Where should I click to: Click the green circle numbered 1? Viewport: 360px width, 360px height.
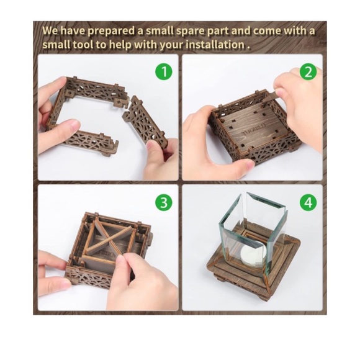(163, 71)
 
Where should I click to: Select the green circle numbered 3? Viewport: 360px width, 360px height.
(163, 202)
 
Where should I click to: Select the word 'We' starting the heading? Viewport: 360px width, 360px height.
(50, 30)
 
